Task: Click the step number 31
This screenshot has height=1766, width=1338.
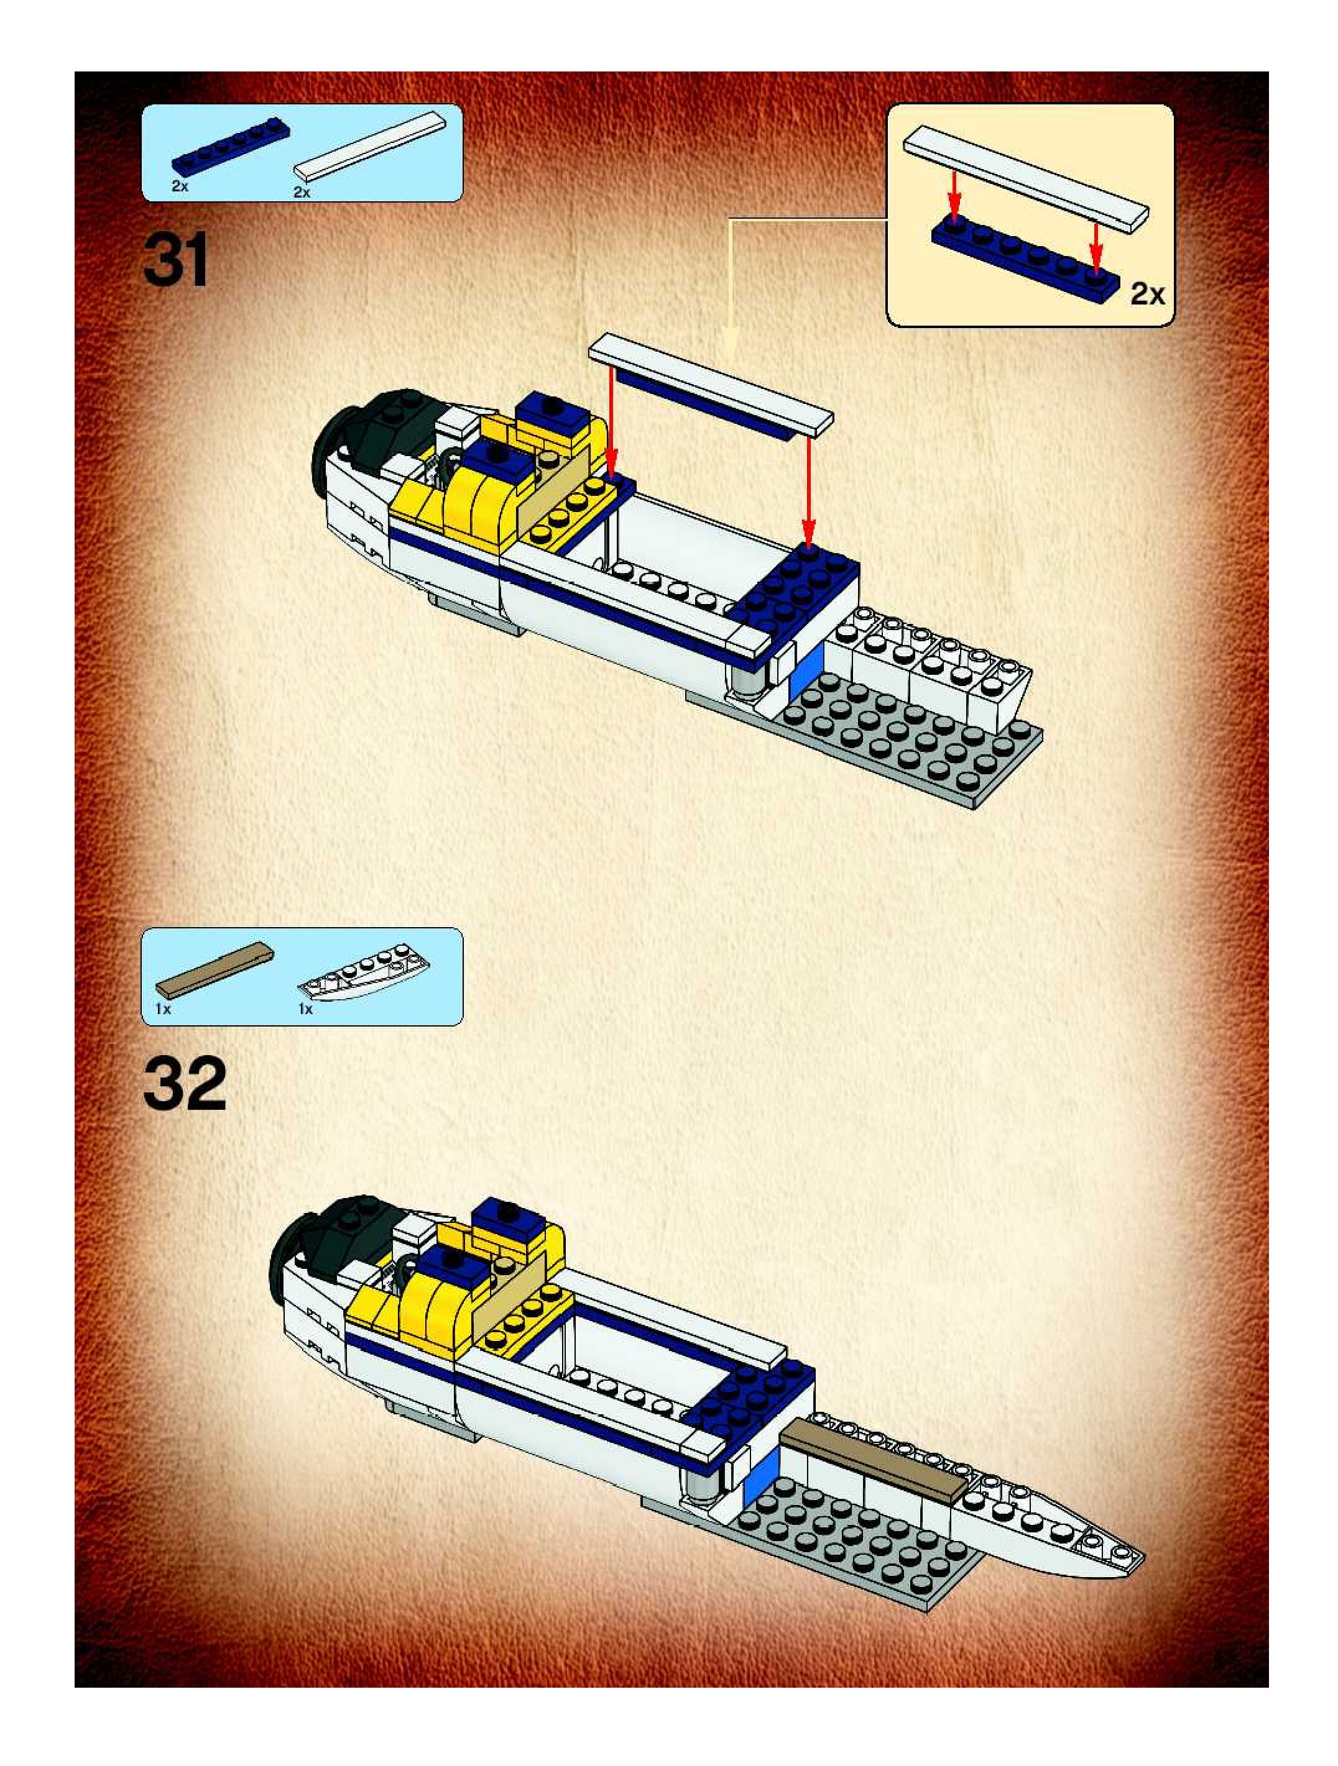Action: click(x=176, y=260)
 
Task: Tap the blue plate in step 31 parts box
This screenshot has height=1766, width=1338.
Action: click(x=230, y=149)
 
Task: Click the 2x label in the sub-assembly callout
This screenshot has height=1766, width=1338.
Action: click(x=1147, y=295)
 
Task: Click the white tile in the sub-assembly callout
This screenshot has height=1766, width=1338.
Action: click(x=1026, y=177)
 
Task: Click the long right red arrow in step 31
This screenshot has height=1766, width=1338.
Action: click(x=808, y=495)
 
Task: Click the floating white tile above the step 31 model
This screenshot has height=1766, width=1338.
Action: click(x=710, y=384)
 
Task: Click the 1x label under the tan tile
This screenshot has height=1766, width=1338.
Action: click(x=163, y=1009)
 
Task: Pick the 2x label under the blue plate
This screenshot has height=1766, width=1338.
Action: click(x=179, y=187)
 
